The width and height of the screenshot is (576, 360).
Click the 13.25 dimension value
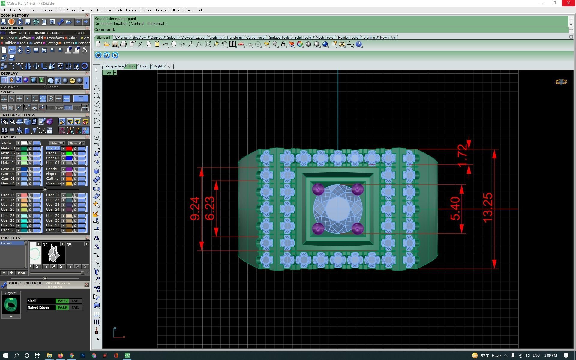pyautogui.click(x=488, y=208)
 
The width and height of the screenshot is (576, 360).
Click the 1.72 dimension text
pyautogui.click(x=463, y=155)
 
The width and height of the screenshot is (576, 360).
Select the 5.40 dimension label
pyautogui.click(x=455, y=209)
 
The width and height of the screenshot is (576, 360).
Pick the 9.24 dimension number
pyautogui.click(x=195, y=209)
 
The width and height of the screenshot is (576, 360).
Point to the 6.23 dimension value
pyautogui.click(x=210, y=209)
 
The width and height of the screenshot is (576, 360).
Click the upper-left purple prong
pyautogui.click(x=318, y=189)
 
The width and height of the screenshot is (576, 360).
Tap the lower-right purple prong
pyautogui.click(x=357, y=229)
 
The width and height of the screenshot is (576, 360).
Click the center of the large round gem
pyautogui.click(x=338, y=209)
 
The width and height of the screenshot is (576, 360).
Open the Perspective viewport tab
pyautogui.click(x=114, y=66)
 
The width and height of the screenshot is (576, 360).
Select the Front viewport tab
pyautogui.click(x=144, y=66)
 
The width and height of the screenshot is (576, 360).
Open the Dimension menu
pyautogui.click(x=85, y=10)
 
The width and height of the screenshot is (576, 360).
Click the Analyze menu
pyautogui.click(x=131, y=10)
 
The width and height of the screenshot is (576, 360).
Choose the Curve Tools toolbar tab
pyautogui.click(x=255, y=37)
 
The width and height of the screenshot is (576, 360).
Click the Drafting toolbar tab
pyautogui.click(x=369, y=37)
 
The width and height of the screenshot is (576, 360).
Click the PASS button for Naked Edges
pyautogui.click(x=62, y=307)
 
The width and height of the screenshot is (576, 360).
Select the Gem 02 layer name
pyautogui.click(x=8, y=174)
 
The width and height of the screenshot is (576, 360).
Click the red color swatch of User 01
pyautogui.click(x=69, y=148)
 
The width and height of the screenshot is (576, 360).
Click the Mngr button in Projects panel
pyautogui.click(x=22, y=273)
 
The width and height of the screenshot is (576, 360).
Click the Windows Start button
pyautogui.click(x=5, y=355)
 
